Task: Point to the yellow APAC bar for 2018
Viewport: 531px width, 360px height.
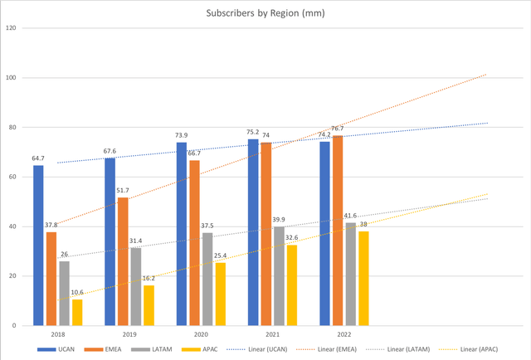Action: coord(77,312)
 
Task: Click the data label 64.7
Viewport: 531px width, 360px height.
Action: coord(38,158)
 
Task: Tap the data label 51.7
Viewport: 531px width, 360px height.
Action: coord(122,190)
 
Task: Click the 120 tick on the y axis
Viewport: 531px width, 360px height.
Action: coord(11,28)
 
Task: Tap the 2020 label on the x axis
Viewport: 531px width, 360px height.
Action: coord(201,333)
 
